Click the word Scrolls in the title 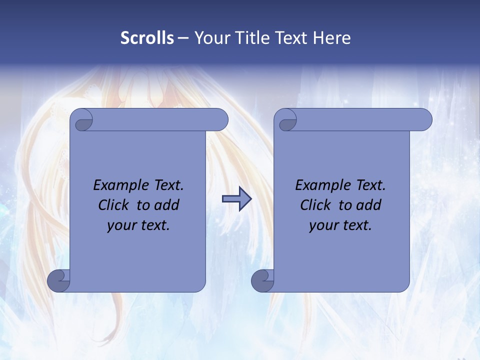(x=147, y=38)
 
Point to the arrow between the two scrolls (x=236, y=198)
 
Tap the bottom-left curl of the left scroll (x=59, y=280)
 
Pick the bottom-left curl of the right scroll (x=263, y=280)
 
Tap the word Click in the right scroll (x=315, y=205)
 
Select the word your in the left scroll (x=120, y=225)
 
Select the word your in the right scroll (x=322, y=225)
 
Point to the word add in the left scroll (x=167, y=205)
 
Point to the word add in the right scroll (x=369, y=205)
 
